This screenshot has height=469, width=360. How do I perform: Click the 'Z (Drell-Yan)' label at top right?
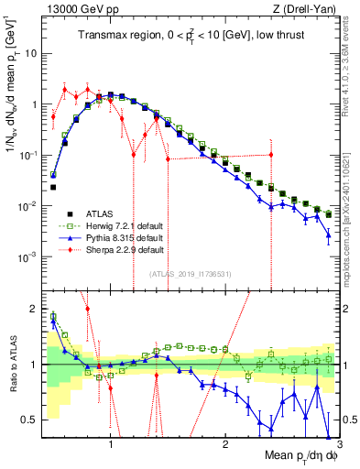click(310, 8)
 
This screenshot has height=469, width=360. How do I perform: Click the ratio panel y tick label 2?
click(35, 308)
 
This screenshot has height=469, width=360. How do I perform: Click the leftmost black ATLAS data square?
click(53, 187)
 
